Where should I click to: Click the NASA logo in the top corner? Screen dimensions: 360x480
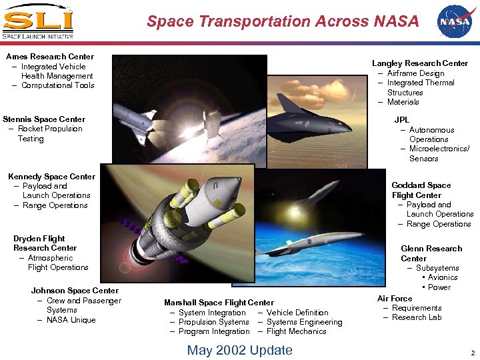tap(453, 21)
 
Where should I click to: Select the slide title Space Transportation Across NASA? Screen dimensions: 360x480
tap(283, 21)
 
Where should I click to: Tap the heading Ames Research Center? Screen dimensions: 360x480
tap(50, 57)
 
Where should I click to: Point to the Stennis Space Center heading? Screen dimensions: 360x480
tap(44, 119)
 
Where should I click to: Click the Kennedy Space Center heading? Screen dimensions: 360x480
tap(51, 177)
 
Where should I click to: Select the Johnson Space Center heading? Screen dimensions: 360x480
tap(75, 291)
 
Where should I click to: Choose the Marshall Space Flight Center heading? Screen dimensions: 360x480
tap(219, 303)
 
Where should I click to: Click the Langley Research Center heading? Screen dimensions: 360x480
tap(420, 63)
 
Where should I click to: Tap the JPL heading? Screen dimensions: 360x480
tap(402, 120)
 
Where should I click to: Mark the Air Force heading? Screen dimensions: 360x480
tap(395, 299)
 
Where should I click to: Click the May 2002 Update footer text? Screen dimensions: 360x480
tap(239, 350)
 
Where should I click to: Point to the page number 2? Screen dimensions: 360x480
tap(472, 353)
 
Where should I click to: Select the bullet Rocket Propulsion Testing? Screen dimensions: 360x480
tap(49, 134)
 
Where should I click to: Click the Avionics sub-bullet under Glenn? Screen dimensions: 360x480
tap(442, 277)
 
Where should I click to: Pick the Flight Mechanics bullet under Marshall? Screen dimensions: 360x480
tap(296, 331)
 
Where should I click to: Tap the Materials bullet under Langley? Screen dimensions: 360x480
tap(403, 102)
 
